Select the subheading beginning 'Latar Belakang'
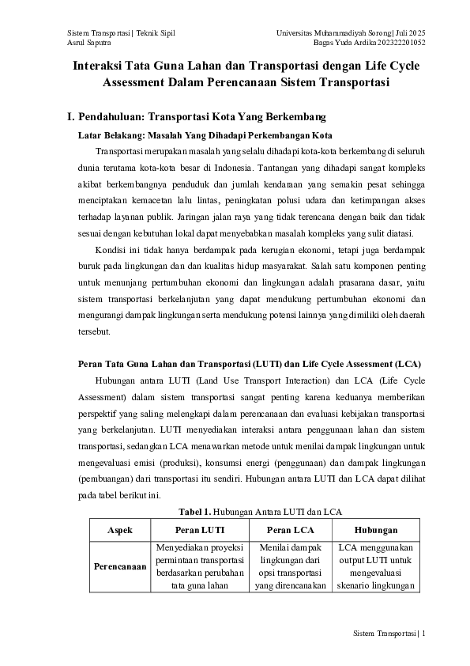click(198, 135)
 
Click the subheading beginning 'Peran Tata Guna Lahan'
click(248, 364)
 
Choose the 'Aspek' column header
click(119, 529)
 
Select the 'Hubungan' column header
click(375, 529)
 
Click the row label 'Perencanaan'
click(119, 566)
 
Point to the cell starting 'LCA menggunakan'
click(375, 566)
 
